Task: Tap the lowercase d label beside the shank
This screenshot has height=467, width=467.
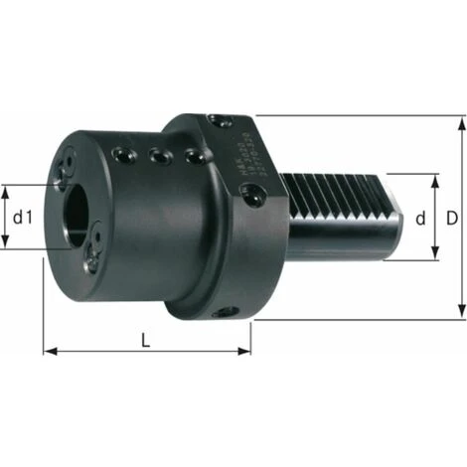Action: click(420, 218)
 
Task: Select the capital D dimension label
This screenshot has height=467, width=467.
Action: click(453, 217)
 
